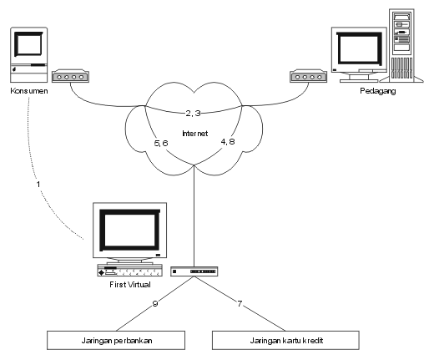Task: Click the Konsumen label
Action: [29, 91]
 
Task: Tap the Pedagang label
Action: [378, 91]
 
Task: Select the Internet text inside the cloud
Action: [194, 134]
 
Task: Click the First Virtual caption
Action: [130, 285]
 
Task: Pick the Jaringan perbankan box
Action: [116, 340]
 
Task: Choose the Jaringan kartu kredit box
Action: [285, 340]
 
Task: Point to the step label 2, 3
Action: [193, 113]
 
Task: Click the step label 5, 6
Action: [161, 143]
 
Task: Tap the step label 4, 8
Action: [228, 142]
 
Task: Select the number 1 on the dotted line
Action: [38, 184]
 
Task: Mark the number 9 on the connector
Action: [155, 303]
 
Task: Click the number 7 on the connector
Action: [240, 303]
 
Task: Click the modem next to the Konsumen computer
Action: [70, 76]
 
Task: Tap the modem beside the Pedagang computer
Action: [308, 76]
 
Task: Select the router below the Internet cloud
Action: [194, 271]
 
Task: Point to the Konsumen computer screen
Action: [28, 44]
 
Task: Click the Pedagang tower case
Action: [401, 45]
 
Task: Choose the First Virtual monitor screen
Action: [129, 230]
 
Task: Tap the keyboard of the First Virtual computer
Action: [129, 271]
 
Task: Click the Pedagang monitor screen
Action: [359, 48]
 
